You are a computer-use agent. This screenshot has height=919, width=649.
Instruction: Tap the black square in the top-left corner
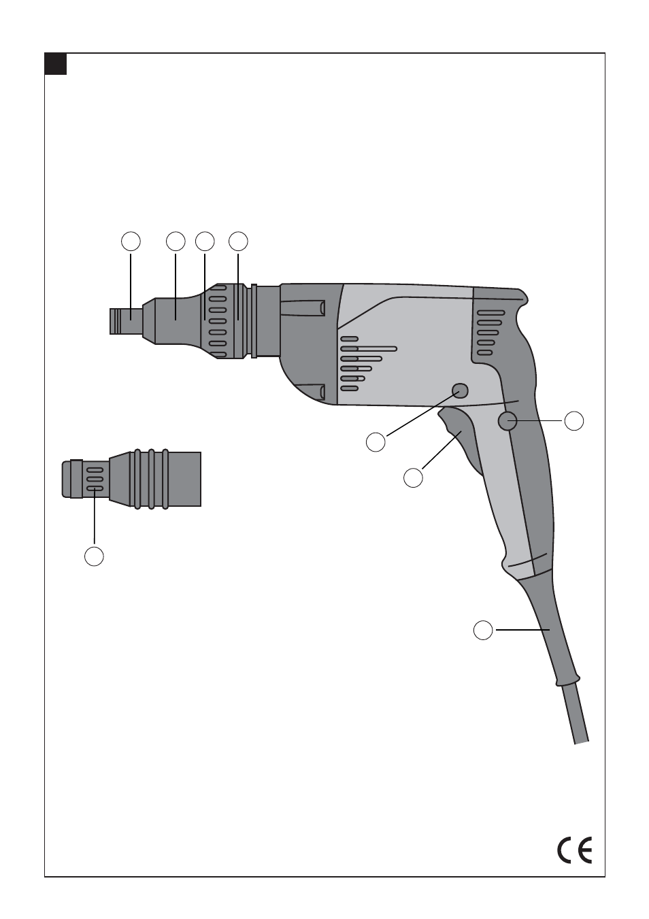click(55, 63)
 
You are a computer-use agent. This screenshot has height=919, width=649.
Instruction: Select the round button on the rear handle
click(507, 421)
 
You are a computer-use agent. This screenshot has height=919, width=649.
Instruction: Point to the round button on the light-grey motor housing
click(461, 391)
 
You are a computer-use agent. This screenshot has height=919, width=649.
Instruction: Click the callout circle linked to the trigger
click(413, 478)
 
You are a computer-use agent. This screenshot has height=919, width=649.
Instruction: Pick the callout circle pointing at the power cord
click(483, 630)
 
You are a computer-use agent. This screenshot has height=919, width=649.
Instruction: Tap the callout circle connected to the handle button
click(574, 421)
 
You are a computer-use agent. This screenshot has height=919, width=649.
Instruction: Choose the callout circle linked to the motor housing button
click(376, 442)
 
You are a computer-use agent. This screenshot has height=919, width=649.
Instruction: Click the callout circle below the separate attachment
click(94, 556)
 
